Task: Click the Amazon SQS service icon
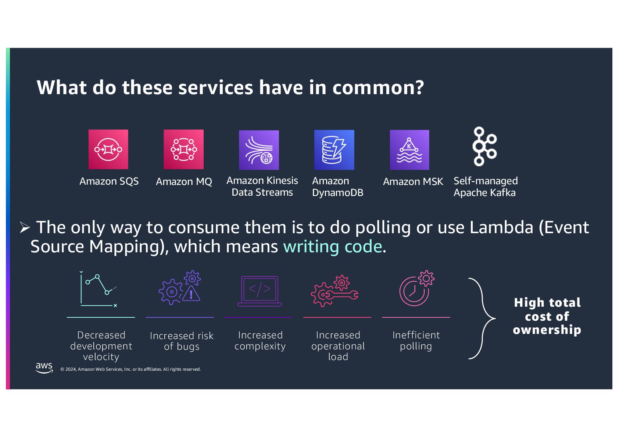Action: click(108, 149)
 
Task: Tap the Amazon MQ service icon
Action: click(183, 149)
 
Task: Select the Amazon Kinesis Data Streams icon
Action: click(259, 150)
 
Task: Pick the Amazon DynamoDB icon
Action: click(334, 150)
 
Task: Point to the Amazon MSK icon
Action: click(409, 150)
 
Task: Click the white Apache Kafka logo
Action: click(484, 146)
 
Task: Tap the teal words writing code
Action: click(332, 246)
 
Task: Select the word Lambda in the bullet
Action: click(501, 227)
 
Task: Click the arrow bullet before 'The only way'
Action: click(25, 228)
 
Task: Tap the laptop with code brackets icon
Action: click(260, 291)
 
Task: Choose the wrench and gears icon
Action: click(334, 291)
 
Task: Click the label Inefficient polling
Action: click(416, 341)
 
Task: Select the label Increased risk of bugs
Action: click(182, 341)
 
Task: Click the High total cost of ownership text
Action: click(547, 316)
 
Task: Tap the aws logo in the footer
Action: click(44, 367)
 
